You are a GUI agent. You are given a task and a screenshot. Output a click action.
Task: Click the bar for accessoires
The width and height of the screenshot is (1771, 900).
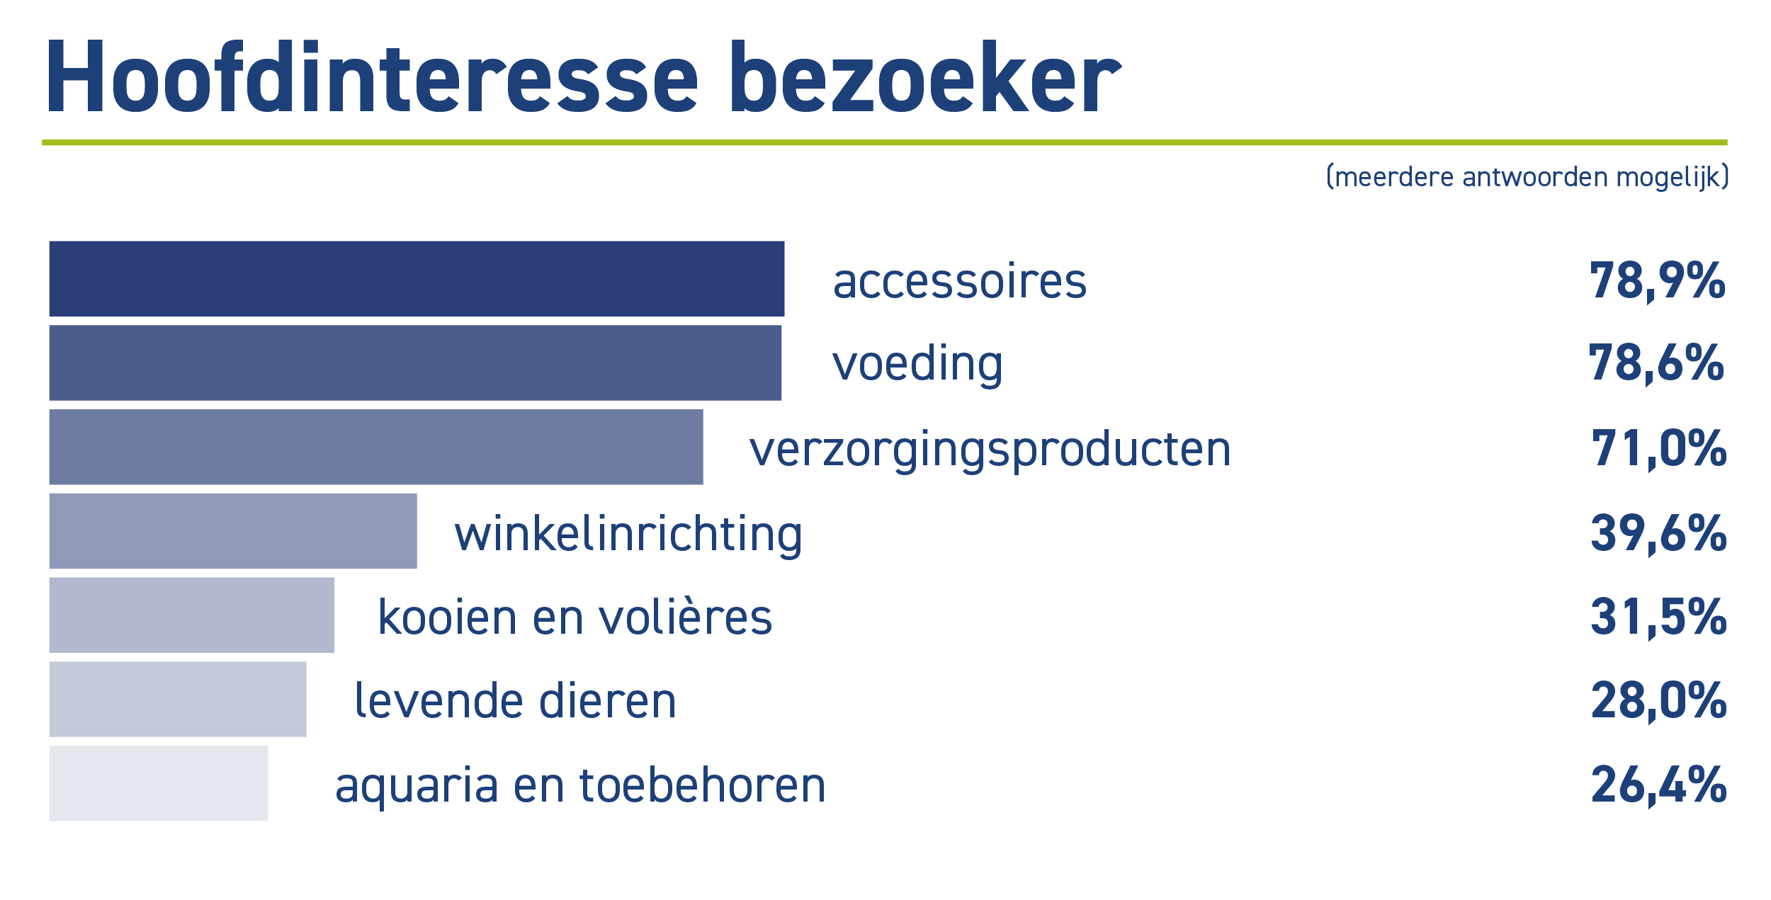coord(417,279)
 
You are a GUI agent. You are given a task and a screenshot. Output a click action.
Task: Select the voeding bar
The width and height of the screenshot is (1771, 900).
coord(415,363)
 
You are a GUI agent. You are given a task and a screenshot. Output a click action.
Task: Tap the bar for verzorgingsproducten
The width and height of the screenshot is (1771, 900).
coord(376,448)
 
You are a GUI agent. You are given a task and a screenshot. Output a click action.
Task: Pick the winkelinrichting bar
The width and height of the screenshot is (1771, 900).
coord(233,532)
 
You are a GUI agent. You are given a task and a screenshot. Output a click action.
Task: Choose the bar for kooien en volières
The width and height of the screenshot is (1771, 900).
coord(192,615)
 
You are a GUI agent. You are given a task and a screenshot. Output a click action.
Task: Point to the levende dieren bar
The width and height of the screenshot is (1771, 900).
coord(178,700)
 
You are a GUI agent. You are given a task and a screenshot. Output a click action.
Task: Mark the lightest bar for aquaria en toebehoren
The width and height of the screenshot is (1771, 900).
coord(159,784)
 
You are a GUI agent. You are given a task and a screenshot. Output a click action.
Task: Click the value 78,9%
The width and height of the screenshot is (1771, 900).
coord(1658,282)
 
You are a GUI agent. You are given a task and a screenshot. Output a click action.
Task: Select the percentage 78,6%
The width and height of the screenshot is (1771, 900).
coord(1656,364)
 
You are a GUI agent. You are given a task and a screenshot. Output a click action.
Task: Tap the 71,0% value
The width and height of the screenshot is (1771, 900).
coord(1659,449)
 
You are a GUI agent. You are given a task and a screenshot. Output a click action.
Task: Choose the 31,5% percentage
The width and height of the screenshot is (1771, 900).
coord(1658,617)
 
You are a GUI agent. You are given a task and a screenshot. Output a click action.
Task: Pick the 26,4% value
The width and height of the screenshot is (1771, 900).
coord(1658,785)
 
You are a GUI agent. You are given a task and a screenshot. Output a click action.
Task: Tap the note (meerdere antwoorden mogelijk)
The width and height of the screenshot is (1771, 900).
coord(1527,177)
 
